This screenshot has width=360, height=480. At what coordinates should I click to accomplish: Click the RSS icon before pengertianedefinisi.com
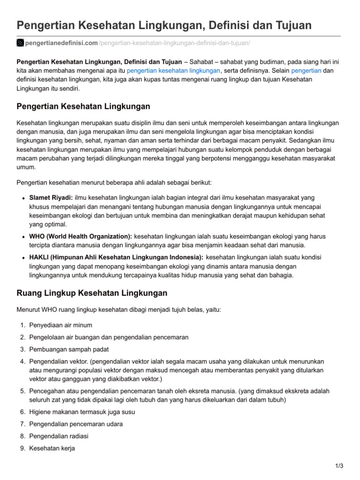(20, 43)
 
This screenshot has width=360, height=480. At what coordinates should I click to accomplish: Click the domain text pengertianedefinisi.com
(61, 43)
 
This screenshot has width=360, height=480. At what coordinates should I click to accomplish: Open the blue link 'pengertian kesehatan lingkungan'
(173, 71)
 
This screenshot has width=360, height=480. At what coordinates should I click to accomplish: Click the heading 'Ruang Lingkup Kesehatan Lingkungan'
(92, 293)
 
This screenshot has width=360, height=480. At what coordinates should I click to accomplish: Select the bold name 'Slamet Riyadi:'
(51, 198)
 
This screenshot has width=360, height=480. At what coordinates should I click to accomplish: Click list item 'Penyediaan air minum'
(61, 325)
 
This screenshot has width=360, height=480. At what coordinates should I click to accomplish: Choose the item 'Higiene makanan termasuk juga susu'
(82, 412)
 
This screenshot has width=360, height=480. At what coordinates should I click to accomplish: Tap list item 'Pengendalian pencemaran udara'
(76, 424)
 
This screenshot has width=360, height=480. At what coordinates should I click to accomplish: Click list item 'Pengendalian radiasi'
(59, 436)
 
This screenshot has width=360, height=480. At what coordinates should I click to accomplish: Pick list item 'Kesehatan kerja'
(52, 448)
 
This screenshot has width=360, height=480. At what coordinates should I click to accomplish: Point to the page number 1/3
(339, 465)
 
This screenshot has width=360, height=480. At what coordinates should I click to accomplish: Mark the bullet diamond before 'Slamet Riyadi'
(23, 198)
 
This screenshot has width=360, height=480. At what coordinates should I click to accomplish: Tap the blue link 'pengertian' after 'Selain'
(306, 71)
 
